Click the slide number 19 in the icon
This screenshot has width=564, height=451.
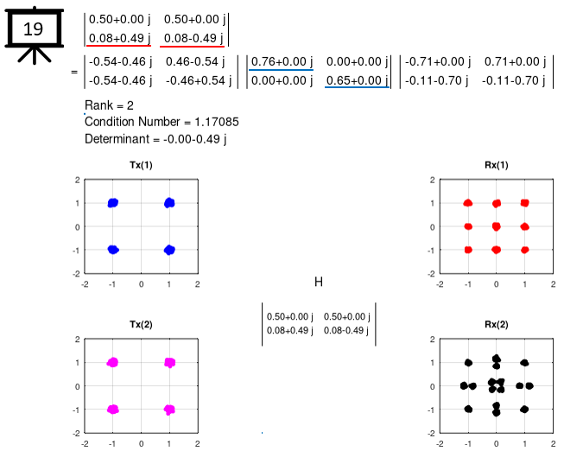pos(33,29)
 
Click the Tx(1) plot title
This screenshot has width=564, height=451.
pos(142,165)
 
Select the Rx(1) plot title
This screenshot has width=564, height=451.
pos(496,165)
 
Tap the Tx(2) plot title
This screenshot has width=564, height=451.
pos(142,325)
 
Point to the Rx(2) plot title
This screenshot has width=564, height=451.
pos(496,325)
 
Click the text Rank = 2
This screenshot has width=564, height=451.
pos(110,105)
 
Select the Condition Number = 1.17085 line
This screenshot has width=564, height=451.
pos(155,122)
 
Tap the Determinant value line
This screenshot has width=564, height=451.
pos(149,138)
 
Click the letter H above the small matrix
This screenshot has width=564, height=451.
pos(318,282)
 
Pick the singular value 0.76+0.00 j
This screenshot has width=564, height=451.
pos(281,61)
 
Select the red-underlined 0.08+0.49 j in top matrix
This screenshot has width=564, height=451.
pos(119,36)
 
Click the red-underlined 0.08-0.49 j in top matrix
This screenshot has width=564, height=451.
pos(193,36)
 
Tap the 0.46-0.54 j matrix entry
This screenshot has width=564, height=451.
pos(194,61)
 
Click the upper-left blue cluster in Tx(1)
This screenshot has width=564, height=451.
pos(113,203)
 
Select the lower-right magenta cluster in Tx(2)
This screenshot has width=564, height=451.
pos(169,409)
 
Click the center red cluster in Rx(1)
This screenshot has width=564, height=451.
pos(496,226)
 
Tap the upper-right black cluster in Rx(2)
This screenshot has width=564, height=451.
pos(524,363)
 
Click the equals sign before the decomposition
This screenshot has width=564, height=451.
pos(74,71)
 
